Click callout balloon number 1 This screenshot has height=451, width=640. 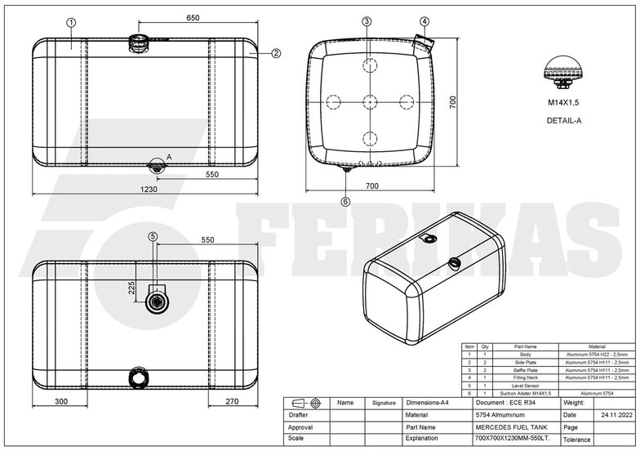pos(71,23)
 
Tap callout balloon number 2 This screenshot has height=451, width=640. pos(276,53)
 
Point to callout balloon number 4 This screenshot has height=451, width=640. pos(424,21)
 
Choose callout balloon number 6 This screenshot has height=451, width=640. pos(345,200)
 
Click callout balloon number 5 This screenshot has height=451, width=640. pos(153,236)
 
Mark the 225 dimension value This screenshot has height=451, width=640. pos(131,288)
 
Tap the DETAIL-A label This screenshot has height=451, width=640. pos(564,120)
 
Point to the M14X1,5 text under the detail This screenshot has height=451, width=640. pos(564,103)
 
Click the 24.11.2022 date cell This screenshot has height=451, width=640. pos(616,415)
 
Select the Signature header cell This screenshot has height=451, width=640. pos(383,403)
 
